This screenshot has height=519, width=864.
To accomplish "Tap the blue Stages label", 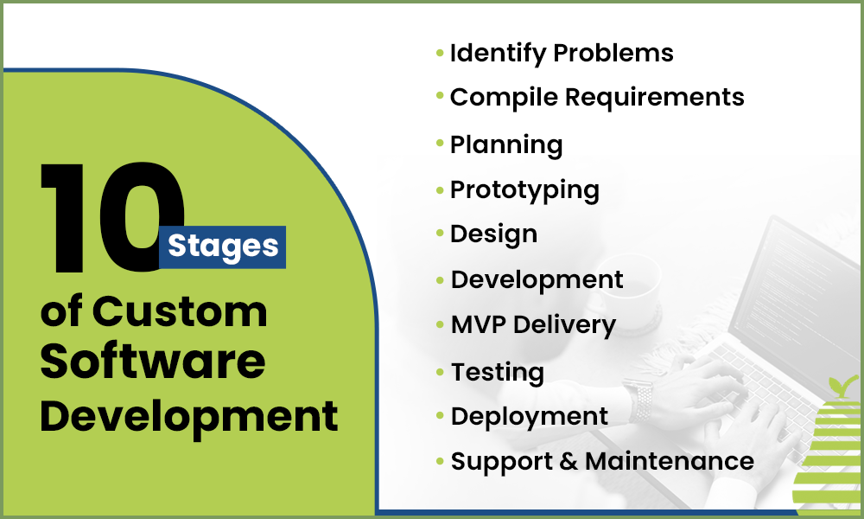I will click(x=223, y=247).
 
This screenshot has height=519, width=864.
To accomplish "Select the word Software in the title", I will click(x=153, y=363).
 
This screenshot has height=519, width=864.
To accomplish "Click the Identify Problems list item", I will click(x=562, y=53).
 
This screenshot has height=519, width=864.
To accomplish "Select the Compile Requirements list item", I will click(x=597, y=98).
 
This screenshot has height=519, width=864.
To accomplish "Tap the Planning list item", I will click(x=506, y=144).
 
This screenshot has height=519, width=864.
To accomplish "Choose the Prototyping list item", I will click(x=524, y=189).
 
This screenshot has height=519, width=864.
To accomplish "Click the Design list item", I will click(x=493, y=234).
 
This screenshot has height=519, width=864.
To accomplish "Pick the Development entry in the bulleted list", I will click(x=537, y=280).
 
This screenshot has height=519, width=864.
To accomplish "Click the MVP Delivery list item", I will click(x=533, y=325).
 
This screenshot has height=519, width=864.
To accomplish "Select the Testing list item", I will click(x=498, y=372).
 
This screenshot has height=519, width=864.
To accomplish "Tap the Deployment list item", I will click(x=530, y=416).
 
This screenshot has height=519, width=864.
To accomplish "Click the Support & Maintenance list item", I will click(x=602, y=461).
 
